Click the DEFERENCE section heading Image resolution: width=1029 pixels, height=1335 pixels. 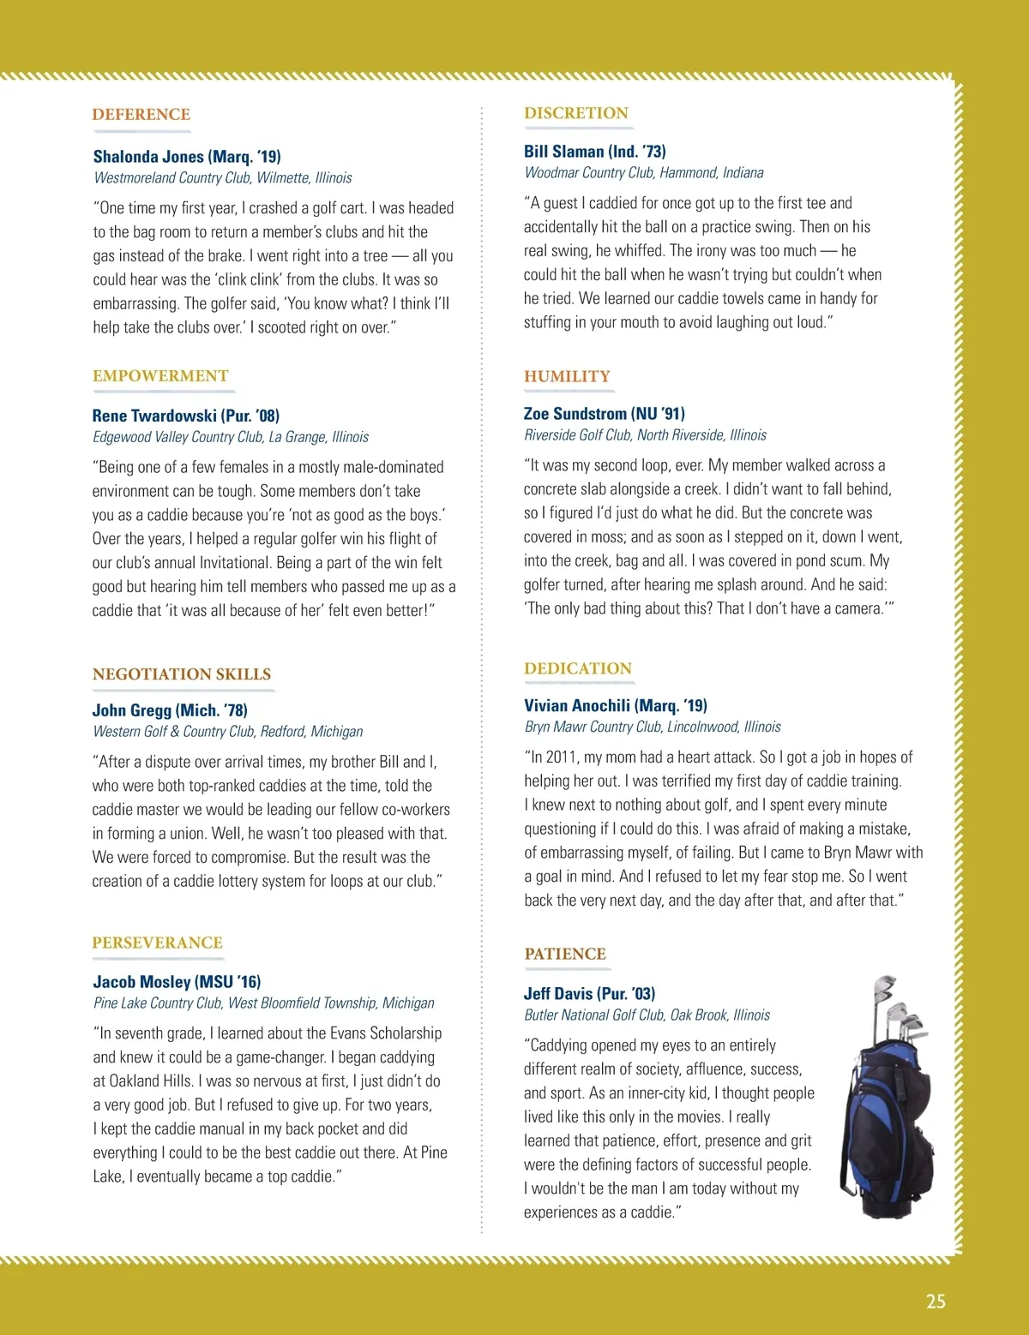tap(141, 115)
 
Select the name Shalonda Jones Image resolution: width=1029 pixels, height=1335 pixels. tap(148, 157)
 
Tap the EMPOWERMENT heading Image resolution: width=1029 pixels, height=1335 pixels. tap(160, 376)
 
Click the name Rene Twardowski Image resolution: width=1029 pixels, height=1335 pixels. tap(154, 416)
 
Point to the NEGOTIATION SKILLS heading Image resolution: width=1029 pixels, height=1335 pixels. tap(182, 674)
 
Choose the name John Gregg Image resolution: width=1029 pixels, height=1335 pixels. tap(132, 710)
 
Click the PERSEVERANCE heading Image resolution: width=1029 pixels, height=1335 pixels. tap(157, 943)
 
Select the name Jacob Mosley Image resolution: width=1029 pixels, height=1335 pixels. tap(141, 982)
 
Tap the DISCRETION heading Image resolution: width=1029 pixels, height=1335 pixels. tap(576, 113)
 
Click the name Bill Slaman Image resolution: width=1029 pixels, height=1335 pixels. tap(564, 152)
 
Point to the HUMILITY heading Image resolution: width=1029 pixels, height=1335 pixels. tap(567, 376)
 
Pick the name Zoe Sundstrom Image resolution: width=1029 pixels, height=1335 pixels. tap(575, 414)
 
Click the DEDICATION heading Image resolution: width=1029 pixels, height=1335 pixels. tap(578, 668)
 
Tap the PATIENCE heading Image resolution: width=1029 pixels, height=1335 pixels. tap(565, 954)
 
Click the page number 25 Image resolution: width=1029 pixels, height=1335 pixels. tap(936, 1301)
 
